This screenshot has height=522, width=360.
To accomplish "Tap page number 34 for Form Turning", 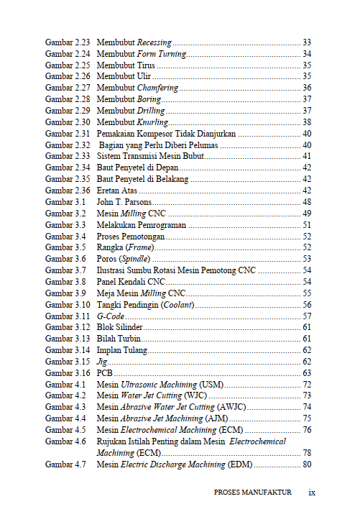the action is tap(307, 54).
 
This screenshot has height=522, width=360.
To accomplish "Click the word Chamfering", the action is tap(157, 88).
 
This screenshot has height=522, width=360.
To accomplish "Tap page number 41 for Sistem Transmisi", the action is tap(307, 156).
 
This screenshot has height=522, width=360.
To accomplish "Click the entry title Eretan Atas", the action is tap(117, 191).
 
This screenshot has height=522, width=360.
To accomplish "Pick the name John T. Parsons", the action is tap(124, 202).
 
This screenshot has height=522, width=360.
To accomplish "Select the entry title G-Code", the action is tap(110, 316).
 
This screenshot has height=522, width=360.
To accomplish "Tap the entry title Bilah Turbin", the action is tap(119, 339).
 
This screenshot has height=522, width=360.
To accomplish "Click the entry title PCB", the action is tap(106, 373).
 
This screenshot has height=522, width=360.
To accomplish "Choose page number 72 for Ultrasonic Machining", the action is tap(307, 385).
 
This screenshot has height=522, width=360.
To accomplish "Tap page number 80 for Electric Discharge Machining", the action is tap(307, 464).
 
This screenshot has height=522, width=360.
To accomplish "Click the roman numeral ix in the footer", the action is tap(312, 493).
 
